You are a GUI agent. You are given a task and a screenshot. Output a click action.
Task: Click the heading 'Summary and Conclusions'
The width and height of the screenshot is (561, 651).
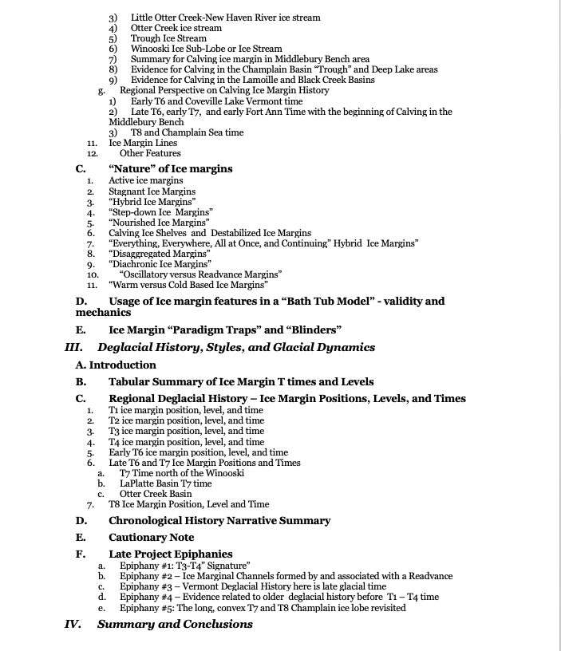pyautogui.click(x=175, y=624)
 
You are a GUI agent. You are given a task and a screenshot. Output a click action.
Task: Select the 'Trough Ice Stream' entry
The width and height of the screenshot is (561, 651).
pyautogui.click(x=168, y=38)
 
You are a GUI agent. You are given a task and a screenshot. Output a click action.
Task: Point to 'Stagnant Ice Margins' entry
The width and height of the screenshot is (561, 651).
pyautogui.click(x=152, y=191)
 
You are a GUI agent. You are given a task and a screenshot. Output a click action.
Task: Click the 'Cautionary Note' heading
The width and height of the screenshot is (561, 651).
pyautogui.click(x=151, y=538)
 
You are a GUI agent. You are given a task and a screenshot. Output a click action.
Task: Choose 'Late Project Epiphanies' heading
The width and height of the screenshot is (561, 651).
pyautogui.click(x=171, y=554)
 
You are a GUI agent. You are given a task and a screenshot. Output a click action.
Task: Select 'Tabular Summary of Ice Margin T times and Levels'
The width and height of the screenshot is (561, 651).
pyautogui.click(x=241, y=381)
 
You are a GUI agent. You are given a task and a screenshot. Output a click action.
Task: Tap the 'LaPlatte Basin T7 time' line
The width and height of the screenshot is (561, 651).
pyautogui.click(x=166, y=483)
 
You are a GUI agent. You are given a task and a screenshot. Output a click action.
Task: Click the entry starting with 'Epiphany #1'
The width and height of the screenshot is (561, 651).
pyautogui.click(x=185, y=565)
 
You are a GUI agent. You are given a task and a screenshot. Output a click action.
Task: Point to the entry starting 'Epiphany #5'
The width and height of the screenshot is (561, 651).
pyautogui.click(x=263, y=608)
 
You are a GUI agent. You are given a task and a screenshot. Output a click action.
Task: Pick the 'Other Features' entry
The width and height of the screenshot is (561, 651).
pyautogui.click(x=150, y=153)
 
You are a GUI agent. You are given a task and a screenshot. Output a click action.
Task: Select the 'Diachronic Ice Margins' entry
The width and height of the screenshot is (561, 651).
pyautogui.click(x=160, y=263)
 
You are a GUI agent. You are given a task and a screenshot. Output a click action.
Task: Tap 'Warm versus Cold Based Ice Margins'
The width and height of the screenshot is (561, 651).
pyautogui.click(x=188, y=284)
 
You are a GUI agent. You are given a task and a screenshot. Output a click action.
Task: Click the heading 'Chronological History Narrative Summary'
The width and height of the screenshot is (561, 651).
pyautogui.click(x=219, y=521)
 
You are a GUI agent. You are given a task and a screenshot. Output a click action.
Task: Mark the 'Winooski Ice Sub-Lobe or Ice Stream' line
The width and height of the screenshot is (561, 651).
pyautogui.click(x=206, y=49)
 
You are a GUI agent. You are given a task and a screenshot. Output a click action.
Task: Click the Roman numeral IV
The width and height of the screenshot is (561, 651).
pyautogui.click(x=74, y=624)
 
